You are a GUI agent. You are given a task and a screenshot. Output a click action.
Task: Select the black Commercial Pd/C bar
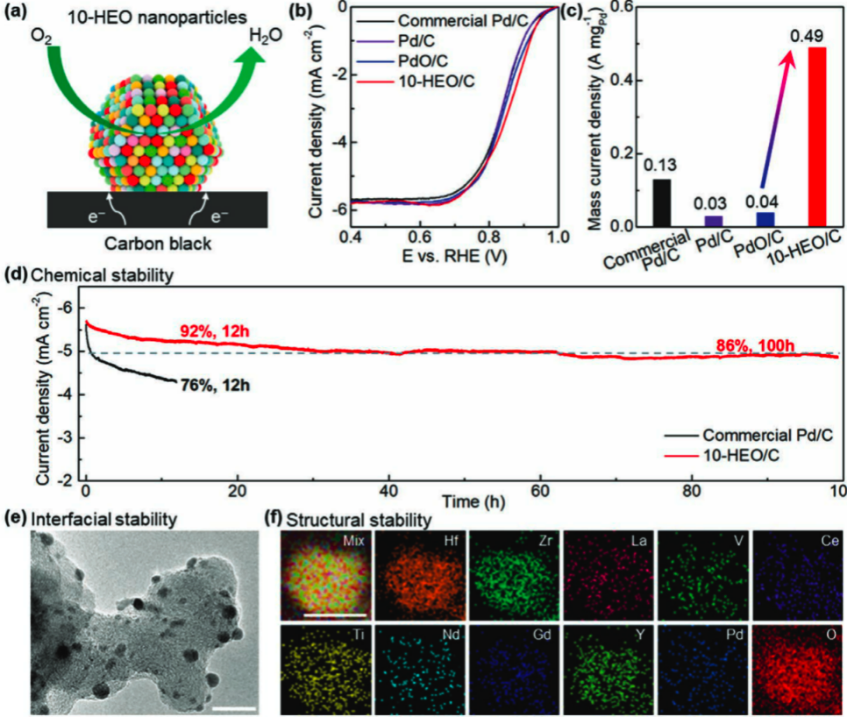coord(661,202)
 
